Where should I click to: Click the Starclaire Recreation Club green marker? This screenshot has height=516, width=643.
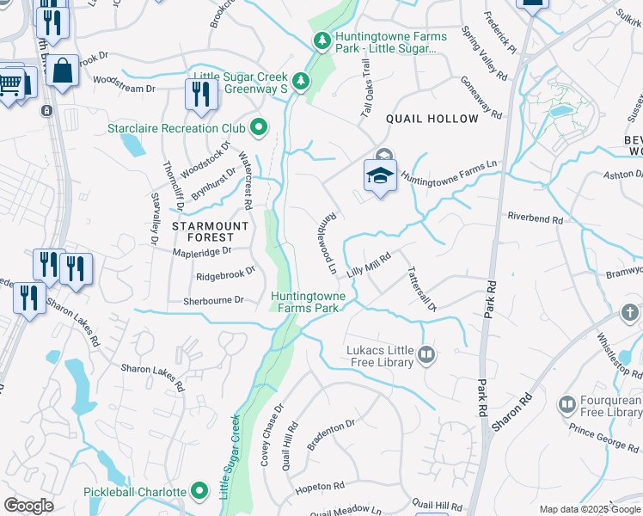pyautogui.click(x=259, y=129)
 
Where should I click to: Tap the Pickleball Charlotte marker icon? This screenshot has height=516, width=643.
pyautogui.click(x=200, y=492)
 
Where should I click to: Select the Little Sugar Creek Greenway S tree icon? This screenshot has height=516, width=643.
pyautogui.click(x=301, y=82)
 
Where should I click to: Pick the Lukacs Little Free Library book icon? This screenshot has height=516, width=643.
pyautogui.click(x=426, y=353)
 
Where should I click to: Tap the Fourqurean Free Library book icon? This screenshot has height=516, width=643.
pyautogui.click(x=566, y=404)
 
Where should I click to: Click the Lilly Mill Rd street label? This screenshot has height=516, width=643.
pyautogui.click(x=369, y=264)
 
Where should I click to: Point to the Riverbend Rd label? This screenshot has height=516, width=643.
pyautogui.click(x=535, y=219)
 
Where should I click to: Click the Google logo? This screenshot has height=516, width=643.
pyautogui.click(x=28, y=506)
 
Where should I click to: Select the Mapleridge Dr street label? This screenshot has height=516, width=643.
pyautogui.click(x=203, y=251)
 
